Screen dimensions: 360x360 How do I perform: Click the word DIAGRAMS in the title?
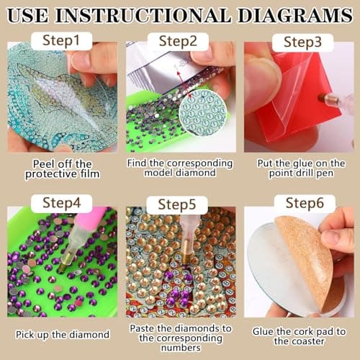pos(300,14)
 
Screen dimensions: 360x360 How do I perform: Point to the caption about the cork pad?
pos(300,335)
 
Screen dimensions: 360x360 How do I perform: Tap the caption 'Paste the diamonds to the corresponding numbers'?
pos(179,335)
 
